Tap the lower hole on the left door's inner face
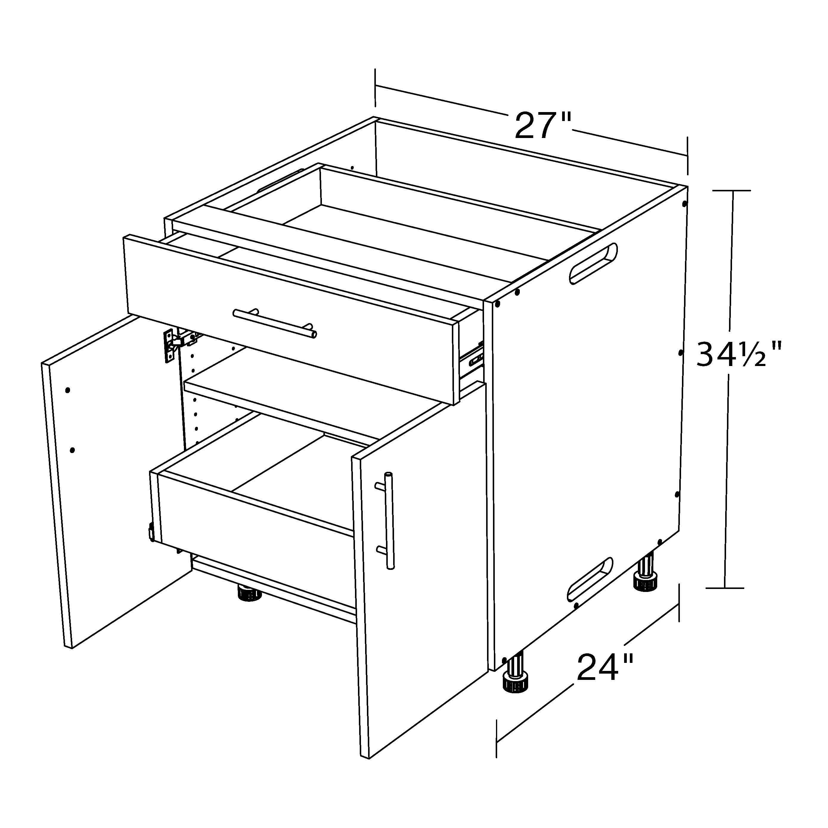[72, 450]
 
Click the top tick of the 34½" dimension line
[731, 190]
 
